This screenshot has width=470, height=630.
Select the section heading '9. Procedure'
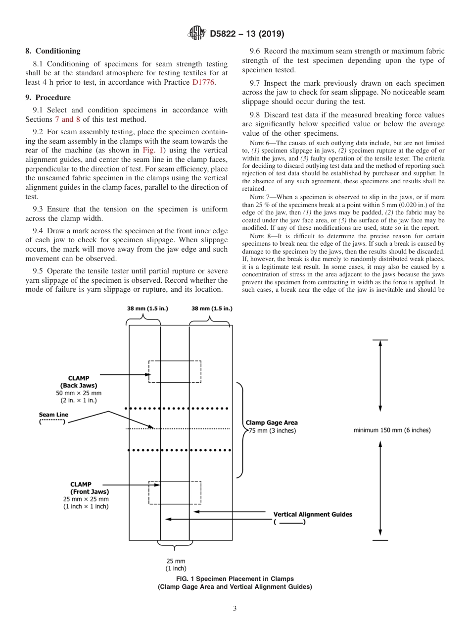point(48,98)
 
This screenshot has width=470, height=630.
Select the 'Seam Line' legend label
point(53,415)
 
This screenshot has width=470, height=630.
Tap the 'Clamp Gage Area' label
point(272,423)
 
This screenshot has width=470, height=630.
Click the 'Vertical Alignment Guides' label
point(313,514)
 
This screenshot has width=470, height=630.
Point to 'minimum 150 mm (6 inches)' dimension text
point(392,430)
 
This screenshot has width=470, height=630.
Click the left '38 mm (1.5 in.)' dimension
point(147,308)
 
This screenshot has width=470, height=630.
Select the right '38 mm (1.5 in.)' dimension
point(211,308)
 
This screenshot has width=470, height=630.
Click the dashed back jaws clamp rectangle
point(175,371)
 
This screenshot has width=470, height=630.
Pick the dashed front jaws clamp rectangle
point(175,492)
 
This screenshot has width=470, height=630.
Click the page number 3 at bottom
point(235,608)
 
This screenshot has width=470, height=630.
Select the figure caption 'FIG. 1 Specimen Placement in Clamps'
point(235,578)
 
